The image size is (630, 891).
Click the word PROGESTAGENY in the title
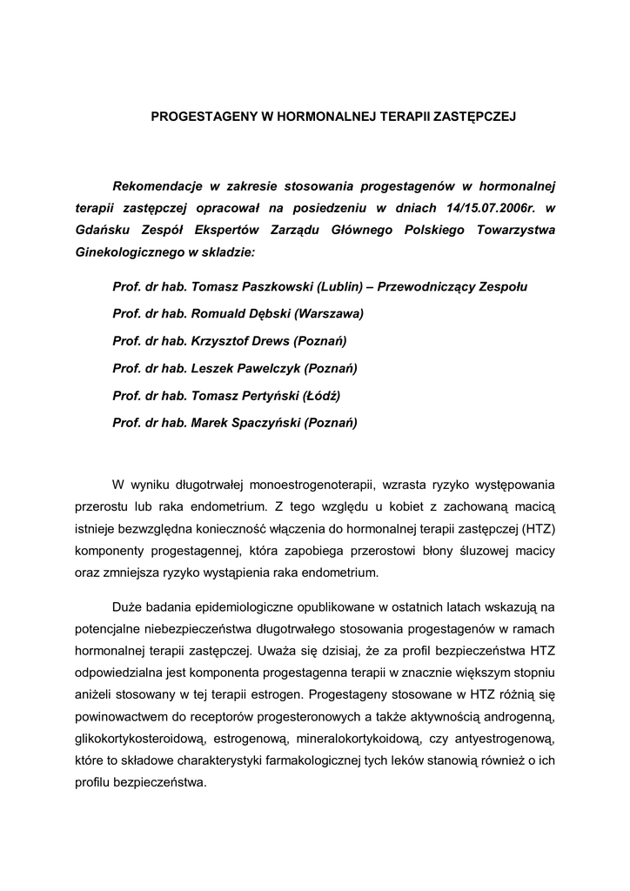[x=198, y=115]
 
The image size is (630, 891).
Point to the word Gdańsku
[x=104, y=231]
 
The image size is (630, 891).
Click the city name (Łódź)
[x=321, y=395]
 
